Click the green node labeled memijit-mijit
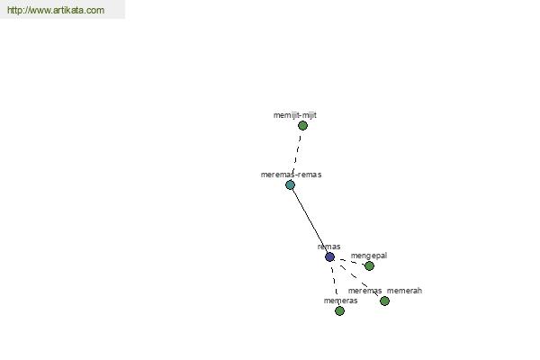click(x=302, y=126)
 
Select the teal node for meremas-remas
click(x=291, y=185)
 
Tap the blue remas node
click(x=329, y=257)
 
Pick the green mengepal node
click(x=369, y=266)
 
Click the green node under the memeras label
click(x=339, y=311)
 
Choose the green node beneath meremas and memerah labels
click(x=384, y=301)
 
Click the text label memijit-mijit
click(x=295, y=115)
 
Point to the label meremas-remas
click(x=291, y=175)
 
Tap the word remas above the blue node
click(x=328, y=247)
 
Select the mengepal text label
click(x=369, y=256)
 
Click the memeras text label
click(x=340, y=301)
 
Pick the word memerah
click(x=404, y=291)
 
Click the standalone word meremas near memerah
click(x=364, y=291)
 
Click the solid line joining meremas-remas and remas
click(x=310, y=220)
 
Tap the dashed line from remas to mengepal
click(x=349, y=262)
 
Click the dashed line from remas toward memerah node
click(x=357, y=279)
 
